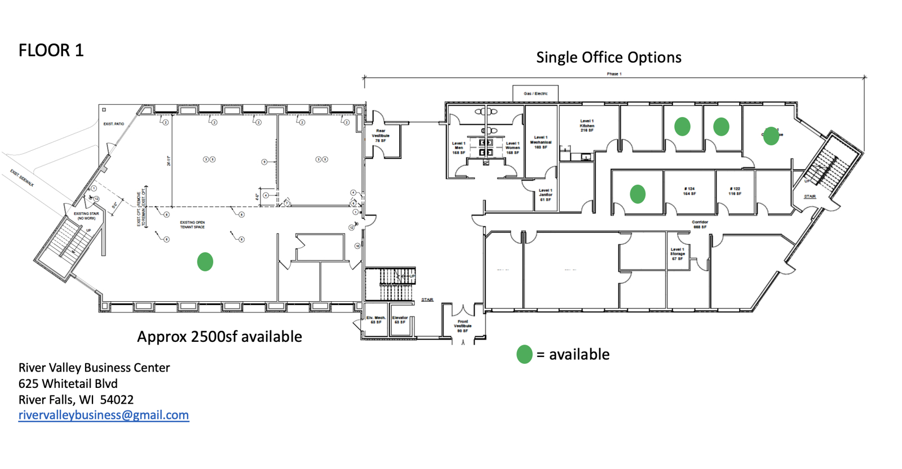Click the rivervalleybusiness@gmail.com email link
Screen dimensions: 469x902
(104, 416)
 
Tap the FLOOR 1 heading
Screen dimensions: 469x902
(51, 51)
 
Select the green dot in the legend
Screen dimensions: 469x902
(524, 354)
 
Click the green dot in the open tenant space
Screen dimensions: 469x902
(205, 262)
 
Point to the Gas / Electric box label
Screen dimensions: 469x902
(536, 93)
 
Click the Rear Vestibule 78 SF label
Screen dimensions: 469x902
(381, 136)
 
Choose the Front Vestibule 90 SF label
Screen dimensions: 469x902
(463, 326)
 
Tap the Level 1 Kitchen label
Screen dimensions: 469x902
(587, 126)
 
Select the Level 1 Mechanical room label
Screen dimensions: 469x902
(541, 142)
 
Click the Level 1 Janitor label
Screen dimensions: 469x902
(545, 195)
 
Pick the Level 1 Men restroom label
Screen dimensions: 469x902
(459, 148)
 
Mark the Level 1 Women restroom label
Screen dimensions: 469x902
(512, 148)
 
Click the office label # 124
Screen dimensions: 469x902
(689, 191)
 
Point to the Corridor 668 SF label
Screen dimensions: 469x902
(700, 225)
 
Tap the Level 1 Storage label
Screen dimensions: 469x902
(678, 254)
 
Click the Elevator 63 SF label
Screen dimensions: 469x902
(400, 320)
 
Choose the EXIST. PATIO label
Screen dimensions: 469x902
(114, 124)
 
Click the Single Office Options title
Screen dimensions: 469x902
(609, 57)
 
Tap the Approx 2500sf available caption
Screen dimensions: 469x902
(219, 337)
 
